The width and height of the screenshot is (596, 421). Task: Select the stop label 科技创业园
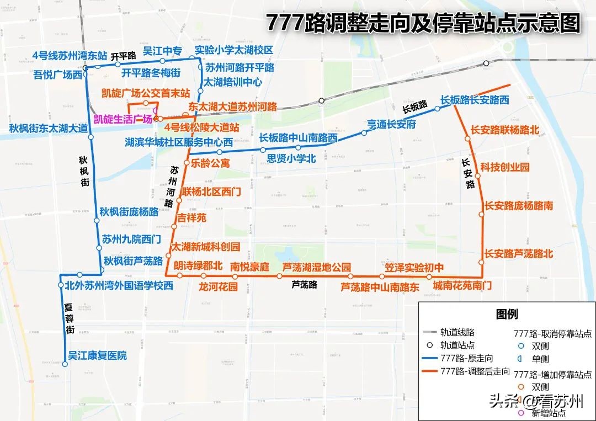point(504,167)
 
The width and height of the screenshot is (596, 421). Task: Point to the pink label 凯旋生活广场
point(123,119)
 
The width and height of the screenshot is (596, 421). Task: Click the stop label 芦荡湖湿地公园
point(316,267)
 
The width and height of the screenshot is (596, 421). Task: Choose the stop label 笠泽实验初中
point(414,267)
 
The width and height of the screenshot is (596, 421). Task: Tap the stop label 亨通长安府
point(391,124)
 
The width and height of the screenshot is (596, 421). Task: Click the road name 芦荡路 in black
point(305,285)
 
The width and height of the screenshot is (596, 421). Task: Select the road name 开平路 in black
point(123,56)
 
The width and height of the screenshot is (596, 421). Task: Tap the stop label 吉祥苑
point(191,218)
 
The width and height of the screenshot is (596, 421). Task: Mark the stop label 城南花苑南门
point(462,285)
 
